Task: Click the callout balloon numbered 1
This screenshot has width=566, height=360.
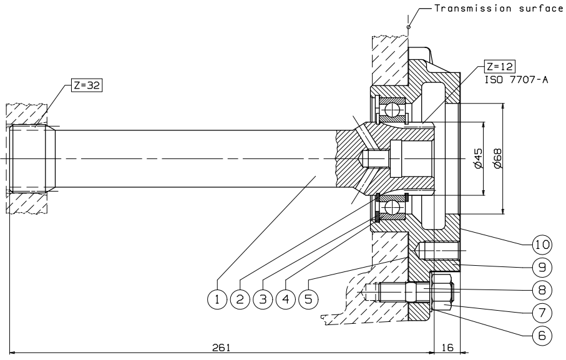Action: (x=217, y=299)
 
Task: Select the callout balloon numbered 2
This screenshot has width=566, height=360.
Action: (x=240, y=299)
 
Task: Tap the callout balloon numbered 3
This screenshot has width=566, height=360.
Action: (x=263, y=299)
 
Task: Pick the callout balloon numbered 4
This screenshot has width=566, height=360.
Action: (x=286, y=299)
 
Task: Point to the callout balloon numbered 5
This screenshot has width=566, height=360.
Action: (x=308, y=299)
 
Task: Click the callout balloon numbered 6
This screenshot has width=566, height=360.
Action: (x=542, y=336)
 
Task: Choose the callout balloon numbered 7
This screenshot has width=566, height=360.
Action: (x=542, y=313)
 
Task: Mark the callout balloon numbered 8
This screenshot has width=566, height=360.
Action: (x=542, y=290)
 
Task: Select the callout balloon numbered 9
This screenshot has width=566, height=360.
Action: (x=542, y=267)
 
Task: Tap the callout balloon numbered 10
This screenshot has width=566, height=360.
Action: (x=542, y=245)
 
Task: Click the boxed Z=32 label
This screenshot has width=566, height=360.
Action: (x=87, y=85)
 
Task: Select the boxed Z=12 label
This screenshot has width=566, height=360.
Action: (x=500, y=66)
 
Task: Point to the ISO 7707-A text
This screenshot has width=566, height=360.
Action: (x=517, y=80)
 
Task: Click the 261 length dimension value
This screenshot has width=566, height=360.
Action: (x=221, y=348)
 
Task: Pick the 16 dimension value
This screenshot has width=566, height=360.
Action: (x=447, y=348)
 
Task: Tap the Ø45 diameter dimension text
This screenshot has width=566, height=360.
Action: (x=477, y=158)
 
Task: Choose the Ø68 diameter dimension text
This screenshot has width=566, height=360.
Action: (x=497, y=158)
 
